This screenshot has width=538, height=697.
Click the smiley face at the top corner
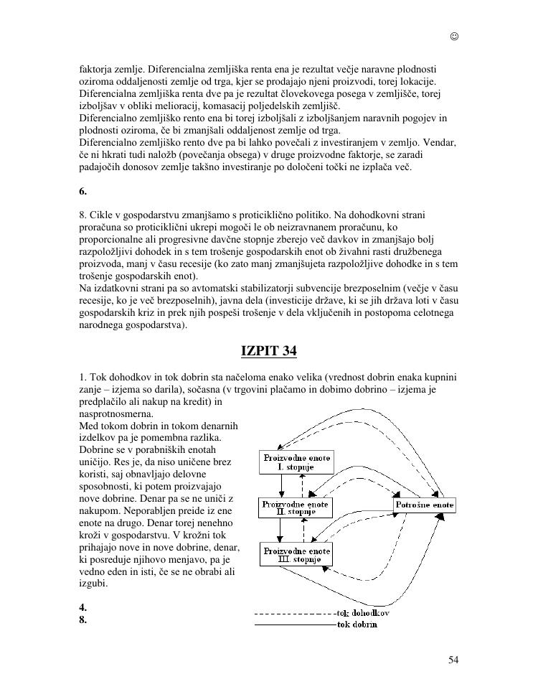point(454,37)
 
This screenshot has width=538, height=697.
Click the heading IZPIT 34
point(268,351)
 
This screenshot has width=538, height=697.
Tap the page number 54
point(453,660)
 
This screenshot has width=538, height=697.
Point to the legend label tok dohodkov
point(363,614)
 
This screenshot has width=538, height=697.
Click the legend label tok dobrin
point(357,625)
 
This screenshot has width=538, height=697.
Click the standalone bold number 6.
point(83,192)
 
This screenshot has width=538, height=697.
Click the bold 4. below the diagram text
point(83,607)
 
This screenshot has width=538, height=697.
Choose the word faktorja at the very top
point(96,68)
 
